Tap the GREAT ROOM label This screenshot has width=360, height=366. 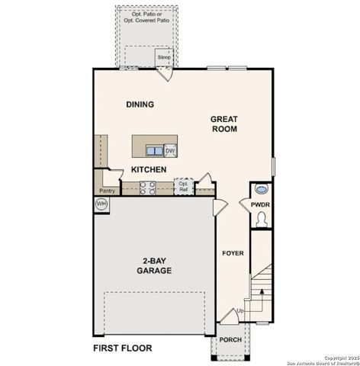tap(225, 124)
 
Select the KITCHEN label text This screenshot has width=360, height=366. tap(149, 169)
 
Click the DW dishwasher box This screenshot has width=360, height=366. tap(170, 150)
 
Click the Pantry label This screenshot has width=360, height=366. tap(107, 191)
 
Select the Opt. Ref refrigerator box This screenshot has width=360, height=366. tap(183, 185)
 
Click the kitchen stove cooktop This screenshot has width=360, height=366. tap(149, 188)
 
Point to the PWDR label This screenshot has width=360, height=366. tap(261, 204)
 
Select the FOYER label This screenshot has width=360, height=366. tap(232, 252)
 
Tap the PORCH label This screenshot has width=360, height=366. tap(231, 339)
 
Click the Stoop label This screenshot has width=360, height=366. tap(164, 57)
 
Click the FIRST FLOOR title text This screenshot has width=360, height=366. tap(123, 348)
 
